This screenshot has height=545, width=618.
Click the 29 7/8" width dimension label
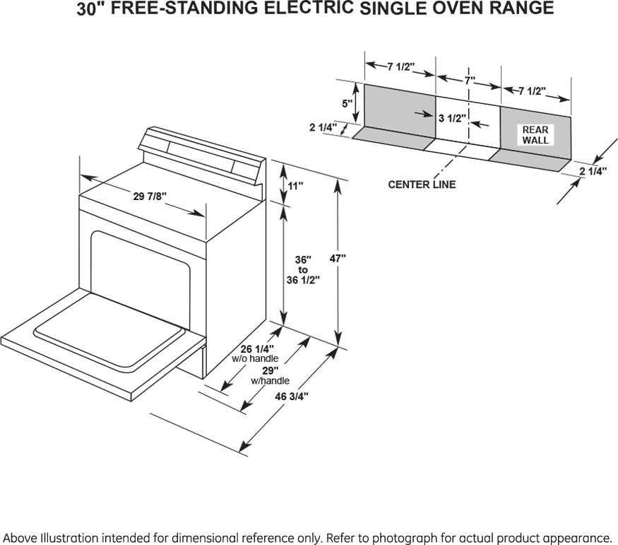150,197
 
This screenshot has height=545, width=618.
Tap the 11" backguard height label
295,186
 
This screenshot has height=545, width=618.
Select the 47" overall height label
338,259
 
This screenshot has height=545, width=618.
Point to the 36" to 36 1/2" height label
303,269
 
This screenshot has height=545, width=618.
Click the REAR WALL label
535,135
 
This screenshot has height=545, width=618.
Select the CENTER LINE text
422,184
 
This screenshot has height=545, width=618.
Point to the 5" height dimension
347,104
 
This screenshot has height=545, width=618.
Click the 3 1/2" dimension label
451,118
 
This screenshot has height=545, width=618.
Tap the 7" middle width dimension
470,81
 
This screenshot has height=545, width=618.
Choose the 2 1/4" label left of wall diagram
323,127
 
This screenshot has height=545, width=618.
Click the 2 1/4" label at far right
593,171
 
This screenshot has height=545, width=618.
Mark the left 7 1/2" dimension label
400,67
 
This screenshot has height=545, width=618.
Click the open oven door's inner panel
109,330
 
